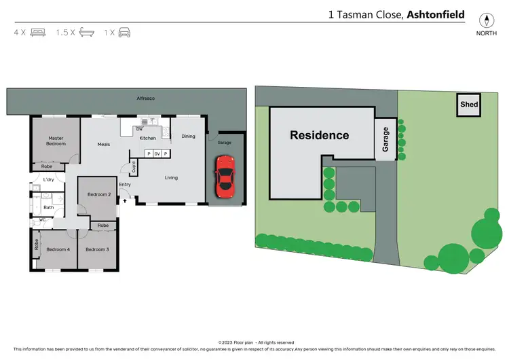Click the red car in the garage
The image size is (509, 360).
(x=224, y=175)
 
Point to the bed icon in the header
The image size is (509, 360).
(x=37, y=32)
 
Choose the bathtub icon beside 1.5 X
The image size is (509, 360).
(x=86, y=32)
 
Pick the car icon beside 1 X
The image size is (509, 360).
(x=124, y=32)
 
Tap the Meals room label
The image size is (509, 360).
(x=104, y=144)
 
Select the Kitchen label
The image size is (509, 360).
(x=148, y=138)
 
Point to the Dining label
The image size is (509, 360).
(x=188, y=136)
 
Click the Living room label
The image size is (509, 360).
(x=171, y=178)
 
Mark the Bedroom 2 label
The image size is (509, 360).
(x=99, y=195)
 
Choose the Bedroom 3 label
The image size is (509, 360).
(x=97, y=249)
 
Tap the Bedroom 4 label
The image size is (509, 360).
(x=57, y=249)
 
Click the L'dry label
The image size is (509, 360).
(x=48, y=179)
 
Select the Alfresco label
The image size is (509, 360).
(x=146, y=99)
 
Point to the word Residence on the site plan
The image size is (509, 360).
(x=319, y=135)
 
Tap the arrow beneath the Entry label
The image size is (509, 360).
(x=125, y=192)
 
